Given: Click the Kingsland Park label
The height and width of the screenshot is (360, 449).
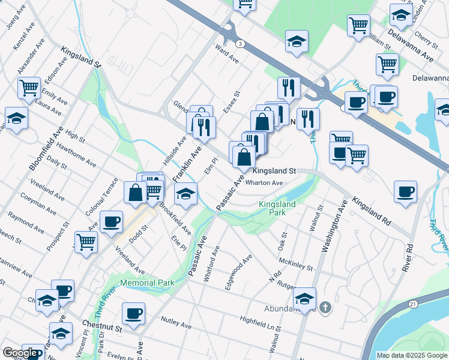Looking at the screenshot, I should pos(277,208).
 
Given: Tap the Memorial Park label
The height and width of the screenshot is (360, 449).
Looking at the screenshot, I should pos(148,283).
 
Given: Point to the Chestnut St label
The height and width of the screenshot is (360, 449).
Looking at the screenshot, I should pos(102,329).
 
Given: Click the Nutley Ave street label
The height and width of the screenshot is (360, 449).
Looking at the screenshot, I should pos(176,323).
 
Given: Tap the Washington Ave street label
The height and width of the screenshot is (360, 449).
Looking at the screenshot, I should pos(334,227).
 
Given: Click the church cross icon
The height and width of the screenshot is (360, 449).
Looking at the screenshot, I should pos(325,308).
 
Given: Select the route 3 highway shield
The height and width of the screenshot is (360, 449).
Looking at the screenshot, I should pos(240,44).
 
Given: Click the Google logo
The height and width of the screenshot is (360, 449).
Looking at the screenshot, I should pos(20,353).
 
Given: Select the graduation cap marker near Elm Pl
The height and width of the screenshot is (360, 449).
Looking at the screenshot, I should pos(186,195).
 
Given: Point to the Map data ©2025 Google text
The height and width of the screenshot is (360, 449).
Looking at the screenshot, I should pos(412,355).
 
